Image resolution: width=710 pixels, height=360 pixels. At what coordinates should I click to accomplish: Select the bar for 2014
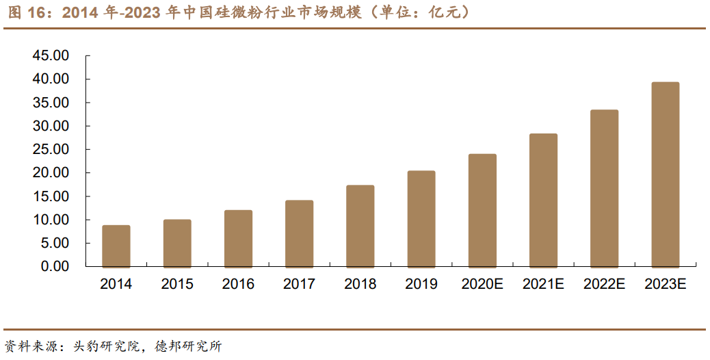[116, 246]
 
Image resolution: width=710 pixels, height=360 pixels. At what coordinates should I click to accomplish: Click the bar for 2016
[238, 238]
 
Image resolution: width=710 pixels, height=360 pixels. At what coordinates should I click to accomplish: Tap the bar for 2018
[360, 226]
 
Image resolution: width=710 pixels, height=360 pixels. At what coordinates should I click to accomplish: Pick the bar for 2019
[421, 218]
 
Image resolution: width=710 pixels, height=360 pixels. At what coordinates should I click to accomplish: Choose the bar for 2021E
[543, 200]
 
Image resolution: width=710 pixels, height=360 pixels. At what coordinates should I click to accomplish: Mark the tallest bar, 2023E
[666, 175]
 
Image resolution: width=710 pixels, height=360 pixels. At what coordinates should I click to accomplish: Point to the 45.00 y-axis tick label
[51, 56]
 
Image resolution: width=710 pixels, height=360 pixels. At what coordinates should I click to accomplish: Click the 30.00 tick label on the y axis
[51, 127]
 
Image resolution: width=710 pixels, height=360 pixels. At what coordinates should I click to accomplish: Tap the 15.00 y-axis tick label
[51, 196]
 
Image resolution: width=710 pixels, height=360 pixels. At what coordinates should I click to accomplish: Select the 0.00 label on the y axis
[54, 266]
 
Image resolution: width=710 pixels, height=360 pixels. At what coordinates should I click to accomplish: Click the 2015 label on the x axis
[177, 284]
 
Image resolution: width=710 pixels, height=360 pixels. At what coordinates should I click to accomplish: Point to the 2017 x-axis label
[299, 284]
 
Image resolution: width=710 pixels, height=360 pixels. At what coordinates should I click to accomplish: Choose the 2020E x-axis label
[482, 284]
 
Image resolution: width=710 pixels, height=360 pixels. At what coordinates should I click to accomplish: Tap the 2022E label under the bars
[605, 284]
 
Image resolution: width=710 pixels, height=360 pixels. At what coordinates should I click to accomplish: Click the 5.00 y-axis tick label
[54, 243]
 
